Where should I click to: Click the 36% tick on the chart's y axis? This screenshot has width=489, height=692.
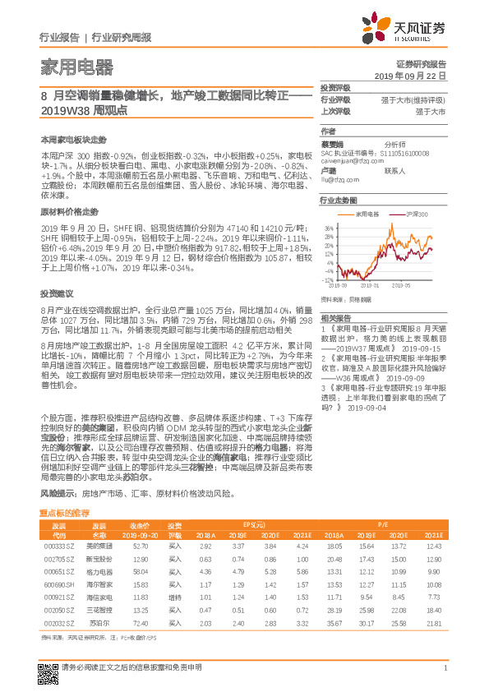327,228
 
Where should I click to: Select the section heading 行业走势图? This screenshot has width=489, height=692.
339,200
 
